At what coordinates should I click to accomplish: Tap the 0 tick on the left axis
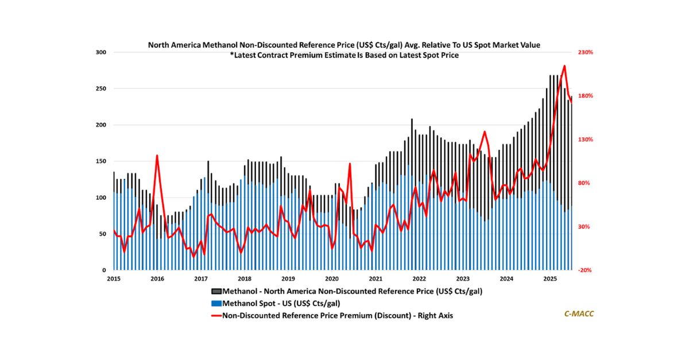pyautogui.click(x=104, y=270)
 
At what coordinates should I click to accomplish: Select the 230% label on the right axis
pyautogui.click(x=585, y=52)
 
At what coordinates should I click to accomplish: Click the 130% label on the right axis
pyautogui.click(x=585, y=140)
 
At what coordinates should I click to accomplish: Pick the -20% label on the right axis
pyautogui.click(x=585, y=270)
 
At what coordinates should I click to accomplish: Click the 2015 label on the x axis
pyautogui.click(x=114, y=279)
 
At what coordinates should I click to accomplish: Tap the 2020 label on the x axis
pyautogui.click(x=332, y=279)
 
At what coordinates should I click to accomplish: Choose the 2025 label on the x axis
pyautogui.click(x=550, y=279)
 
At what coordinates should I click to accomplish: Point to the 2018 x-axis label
pyautogui.click(x=245, y=279)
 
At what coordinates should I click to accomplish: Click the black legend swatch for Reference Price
pyautogui.click(x=217, y=291)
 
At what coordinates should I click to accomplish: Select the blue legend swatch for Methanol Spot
pyautogui.click(x=217, y=303)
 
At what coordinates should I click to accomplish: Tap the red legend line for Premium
pyautogui.click(x=217, y=315)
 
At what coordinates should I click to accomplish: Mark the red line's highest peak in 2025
pyautogui.click(x=564, y=66)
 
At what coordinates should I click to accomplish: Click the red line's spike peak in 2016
pyautogui.click(x=157, y=156)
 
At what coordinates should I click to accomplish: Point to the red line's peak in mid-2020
pyautogui.click(x=350, y=164)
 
